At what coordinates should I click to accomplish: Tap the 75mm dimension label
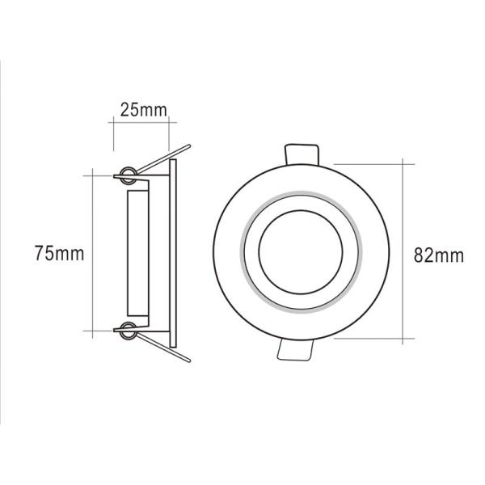(x=59, y=253)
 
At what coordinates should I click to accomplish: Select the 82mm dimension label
(x=438, y=256)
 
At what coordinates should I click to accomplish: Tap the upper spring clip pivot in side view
(x=125, y=173)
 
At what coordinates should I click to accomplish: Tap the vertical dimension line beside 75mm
(x=94, y=210)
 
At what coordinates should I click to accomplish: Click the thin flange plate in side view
(x=172, y=251)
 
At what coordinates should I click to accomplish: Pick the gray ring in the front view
(x=245, y=252)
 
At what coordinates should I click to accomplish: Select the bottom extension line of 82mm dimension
(x=372, y=339)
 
